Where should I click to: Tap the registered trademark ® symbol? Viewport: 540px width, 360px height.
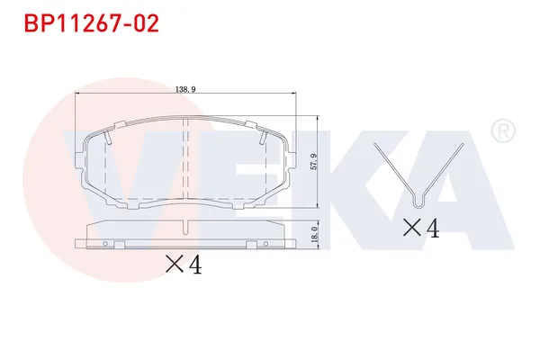[x=502, y=132]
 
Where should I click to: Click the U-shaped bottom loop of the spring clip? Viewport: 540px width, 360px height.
[x=418, y=198]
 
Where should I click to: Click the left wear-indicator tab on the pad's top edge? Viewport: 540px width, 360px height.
[x=108, y=137]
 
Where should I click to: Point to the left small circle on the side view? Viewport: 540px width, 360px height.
[x=105, y=245]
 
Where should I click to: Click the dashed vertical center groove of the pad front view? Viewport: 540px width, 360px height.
[x=184, y=162]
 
